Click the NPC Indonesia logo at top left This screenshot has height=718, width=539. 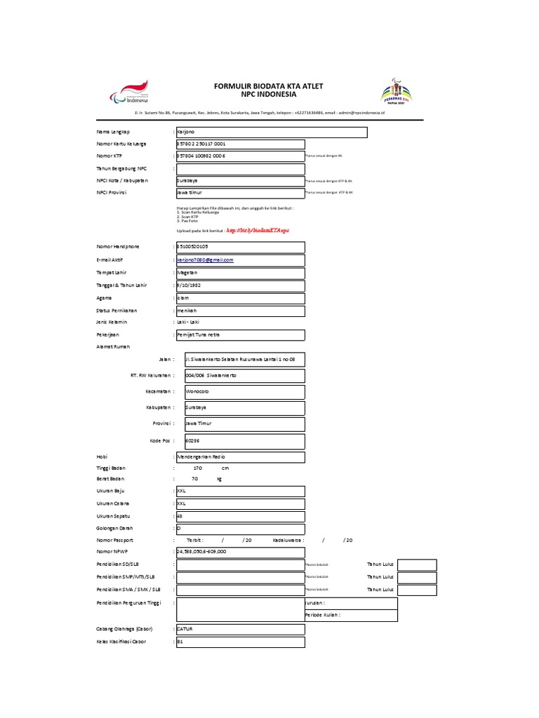tap(134, 93)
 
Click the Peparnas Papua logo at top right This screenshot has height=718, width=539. tap(397, 91)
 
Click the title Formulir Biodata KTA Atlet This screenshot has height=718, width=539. tap(269, 86)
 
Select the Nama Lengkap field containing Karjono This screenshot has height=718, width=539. tap(270, 132)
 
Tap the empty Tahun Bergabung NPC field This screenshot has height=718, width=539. tap(239, 168)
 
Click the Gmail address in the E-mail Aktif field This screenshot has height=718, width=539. tap(205, 259)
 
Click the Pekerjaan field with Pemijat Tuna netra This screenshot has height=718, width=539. tap(239, 334)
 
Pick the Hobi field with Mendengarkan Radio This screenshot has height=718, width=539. tap(239, 458)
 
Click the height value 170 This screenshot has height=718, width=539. tap(197, 468)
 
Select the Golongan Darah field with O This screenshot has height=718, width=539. tap(239, 528)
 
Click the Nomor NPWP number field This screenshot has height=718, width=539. tap(239, 552)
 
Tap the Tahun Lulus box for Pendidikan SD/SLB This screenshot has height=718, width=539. tap(418, 564)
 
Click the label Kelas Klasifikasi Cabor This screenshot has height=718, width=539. tap(121, 642)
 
